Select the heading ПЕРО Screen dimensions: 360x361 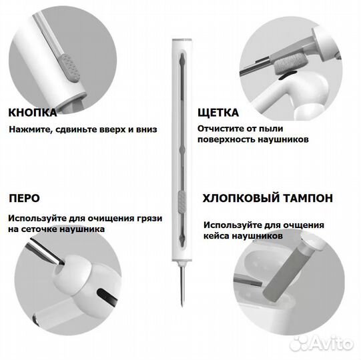click(24, 198)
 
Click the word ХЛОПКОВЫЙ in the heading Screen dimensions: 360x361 click(239, 198)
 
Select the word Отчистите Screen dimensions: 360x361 click(222, 127)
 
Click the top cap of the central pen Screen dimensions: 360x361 click(180, 39)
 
